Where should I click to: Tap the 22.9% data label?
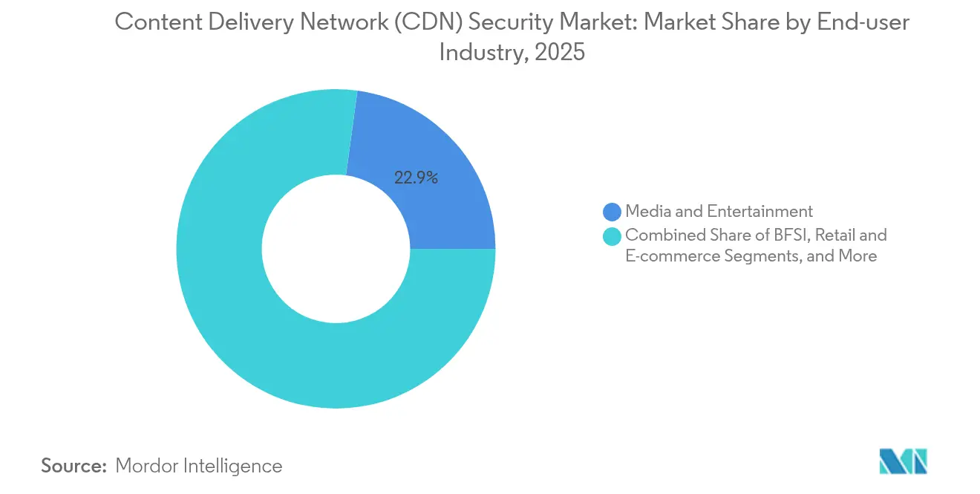tap(416, 178)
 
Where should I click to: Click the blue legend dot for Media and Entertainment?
tap(612, 212)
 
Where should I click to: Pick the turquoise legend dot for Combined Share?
tap(612, 236)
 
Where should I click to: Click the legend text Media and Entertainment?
tap(719, 212)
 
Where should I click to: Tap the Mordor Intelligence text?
tap(199, 466)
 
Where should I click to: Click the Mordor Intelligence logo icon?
tap(903, 461)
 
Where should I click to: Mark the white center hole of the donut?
tap(336, 249)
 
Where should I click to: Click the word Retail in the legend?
tap(836, 235)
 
